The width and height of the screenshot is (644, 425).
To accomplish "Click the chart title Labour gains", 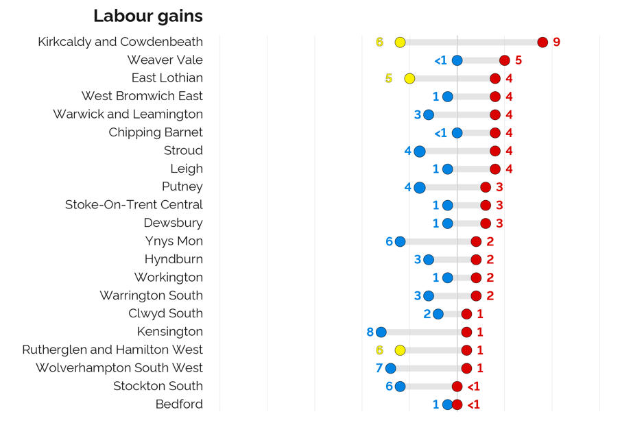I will click(148, 16).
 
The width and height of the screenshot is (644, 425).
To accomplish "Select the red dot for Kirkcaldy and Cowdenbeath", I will click(542, 42).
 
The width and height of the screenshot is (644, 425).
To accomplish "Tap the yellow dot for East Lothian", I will click(409, 79).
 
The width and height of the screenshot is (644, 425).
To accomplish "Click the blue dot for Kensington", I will click(381, 332).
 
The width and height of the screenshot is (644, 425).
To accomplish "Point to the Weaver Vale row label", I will click(165, 60).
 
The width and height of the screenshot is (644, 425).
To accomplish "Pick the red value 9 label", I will click(556, 42).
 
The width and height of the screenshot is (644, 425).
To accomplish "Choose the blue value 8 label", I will click(370, 332).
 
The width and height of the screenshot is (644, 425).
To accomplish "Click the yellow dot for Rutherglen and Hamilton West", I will click(400, 350).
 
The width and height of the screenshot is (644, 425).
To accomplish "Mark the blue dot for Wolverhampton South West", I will click(391, 369).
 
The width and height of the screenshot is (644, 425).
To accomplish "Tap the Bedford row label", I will click(179, 404).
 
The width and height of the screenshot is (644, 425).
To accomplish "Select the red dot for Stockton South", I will click(457, 387).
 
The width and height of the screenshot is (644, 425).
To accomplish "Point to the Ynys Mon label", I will click(174, 241).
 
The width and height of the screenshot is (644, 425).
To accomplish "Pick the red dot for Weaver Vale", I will click(505, 60).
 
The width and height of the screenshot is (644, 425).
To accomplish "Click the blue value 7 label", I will click(379, 369).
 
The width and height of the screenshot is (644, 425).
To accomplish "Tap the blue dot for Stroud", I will click(419, 151).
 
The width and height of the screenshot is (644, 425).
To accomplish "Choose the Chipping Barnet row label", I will click(156, 132).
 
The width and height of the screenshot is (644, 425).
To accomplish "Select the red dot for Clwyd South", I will click(467, 314).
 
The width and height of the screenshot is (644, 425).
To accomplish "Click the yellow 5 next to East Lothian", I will click(389, 79).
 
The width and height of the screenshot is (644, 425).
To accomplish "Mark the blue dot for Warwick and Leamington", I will click(429, 115).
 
